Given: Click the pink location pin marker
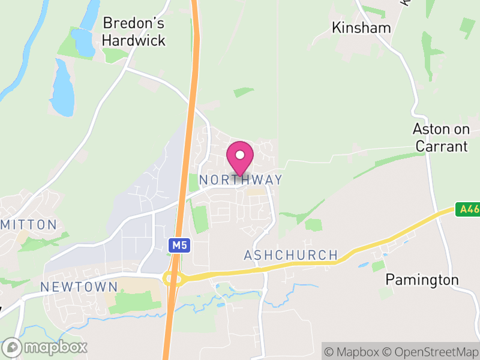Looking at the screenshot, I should pos(240,157).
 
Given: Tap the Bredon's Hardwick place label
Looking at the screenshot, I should pos(133,32).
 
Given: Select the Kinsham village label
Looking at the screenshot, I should pos(361,28).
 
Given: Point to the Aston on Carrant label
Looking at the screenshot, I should pos(440,137).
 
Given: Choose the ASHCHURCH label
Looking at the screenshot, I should pos(290,255).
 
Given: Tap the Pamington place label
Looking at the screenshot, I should pos(422,280).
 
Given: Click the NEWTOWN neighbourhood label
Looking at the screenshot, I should pos(71,287).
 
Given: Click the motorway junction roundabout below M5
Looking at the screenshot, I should pos(173,278).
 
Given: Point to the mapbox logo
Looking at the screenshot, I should pos(45,347).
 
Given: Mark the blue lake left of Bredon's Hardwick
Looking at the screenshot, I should pos(61,88).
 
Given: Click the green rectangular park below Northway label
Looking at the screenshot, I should pos(199,219).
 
